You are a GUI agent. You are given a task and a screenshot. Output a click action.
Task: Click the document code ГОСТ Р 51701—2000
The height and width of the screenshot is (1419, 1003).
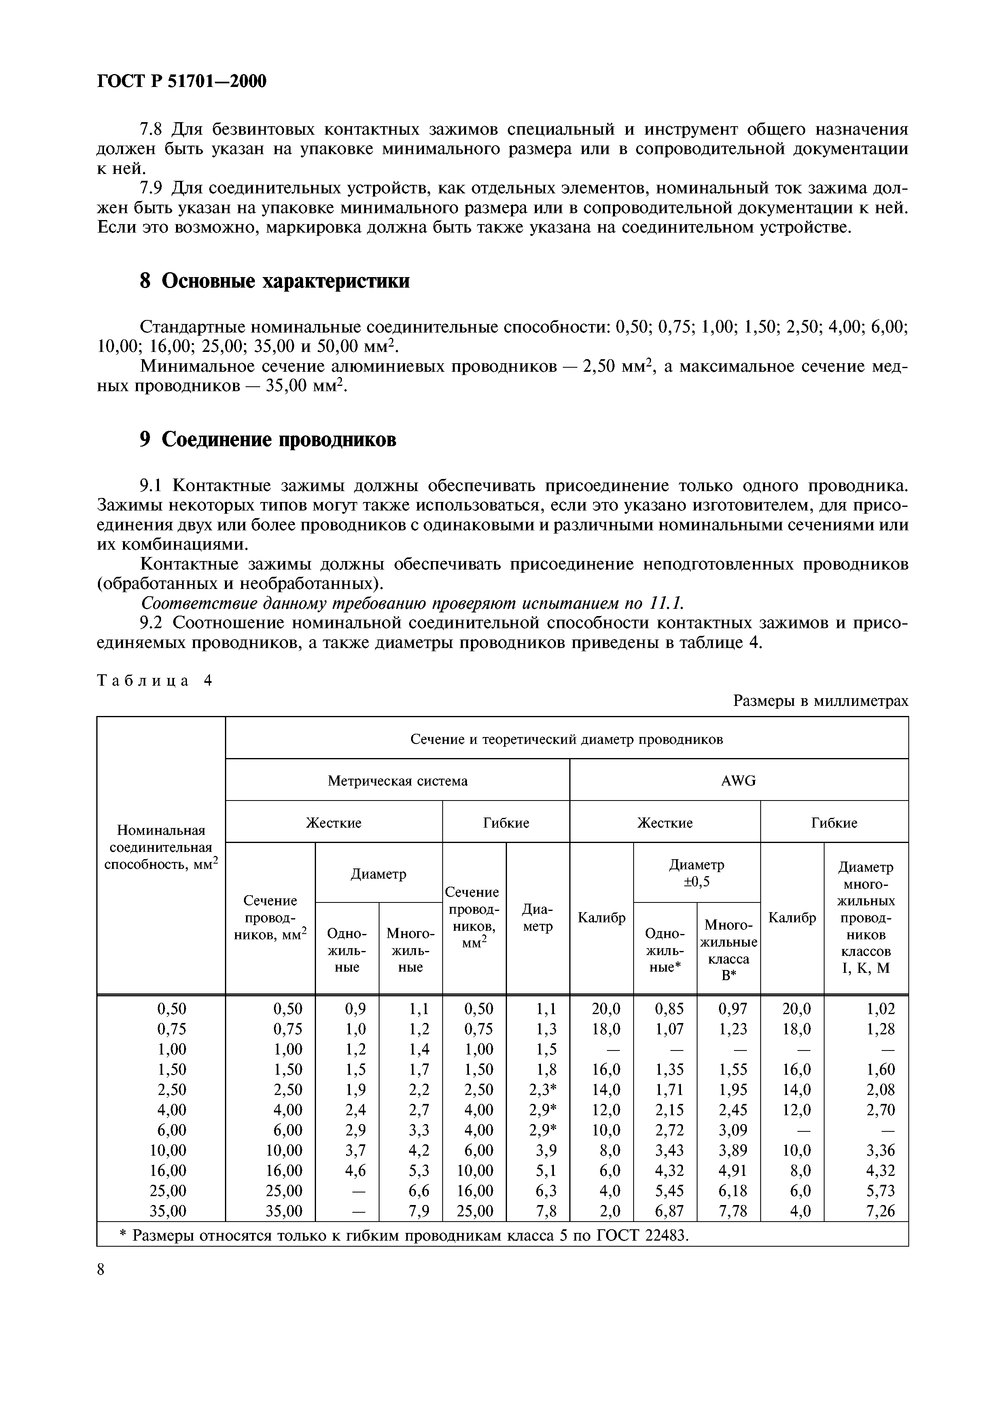coord(182,81)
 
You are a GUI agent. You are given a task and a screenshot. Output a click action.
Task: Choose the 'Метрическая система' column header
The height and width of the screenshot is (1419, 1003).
coord(397,781)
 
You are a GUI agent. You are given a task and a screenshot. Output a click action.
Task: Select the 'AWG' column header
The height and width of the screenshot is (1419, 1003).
coord(738,781)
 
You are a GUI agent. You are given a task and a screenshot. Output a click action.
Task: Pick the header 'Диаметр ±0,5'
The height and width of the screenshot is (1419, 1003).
coord(696,873)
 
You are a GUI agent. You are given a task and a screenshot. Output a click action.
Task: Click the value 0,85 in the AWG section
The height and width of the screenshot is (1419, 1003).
coord(669,1009)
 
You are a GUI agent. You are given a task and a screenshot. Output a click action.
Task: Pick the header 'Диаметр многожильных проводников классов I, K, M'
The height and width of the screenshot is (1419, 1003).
coord(866,918)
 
